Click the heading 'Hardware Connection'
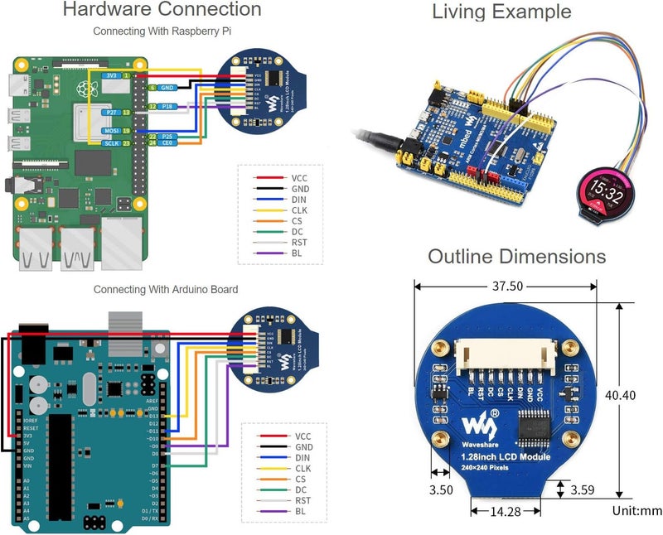coord(162,11)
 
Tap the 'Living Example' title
coord(501,12)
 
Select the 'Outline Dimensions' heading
coord(516,257)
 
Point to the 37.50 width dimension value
coord(506,287)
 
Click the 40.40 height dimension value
coord(621,396)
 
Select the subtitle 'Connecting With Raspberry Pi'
coord(162,31)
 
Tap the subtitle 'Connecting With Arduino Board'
coord(165,290)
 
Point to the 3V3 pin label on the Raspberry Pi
coord(110,75)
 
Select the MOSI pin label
coord(110,131)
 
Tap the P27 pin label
coord(110,112)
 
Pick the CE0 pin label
coord(167,142)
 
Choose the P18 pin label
coord(167,107)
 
